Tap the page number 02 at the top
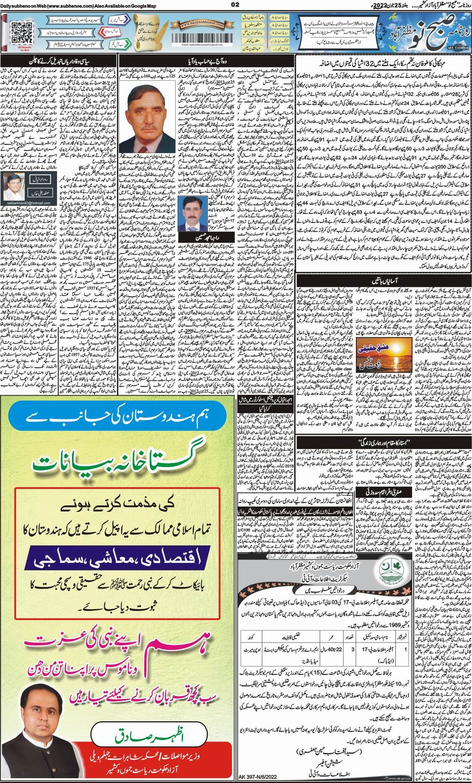pyautogui.click(x=236, y=5)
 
